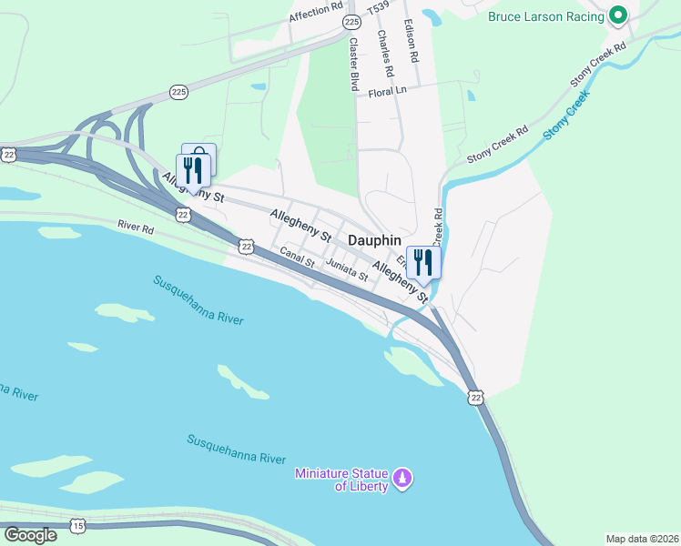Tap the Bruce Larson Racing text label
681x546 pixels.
click(x=546, y=15)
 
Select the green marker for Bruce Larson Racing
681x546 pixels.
click(x=618, y=15)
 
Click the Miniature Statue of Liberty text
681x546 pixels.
click(x=341, y=480)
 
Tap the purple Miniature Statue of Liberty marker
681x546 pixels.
click(x=402, y=477)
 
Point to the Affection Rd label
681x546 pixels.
click(x=316, y=15)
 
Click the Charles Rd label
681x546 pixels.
click(x=386, y=53)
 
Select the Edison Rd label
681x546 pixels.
click(x=412, y=42)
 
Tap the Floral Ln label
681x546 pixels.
click(x=387, y=92)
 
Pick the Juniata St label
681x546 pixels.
click(x=346, y=270)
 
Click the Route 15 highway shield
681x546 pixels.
click(x=78, y=526)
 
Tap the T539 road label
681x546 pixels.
click(x=378, y=9)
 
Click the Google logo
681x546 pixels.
click(x=30, y=534)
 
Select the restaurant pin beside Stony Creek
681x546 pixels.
click(x=423, y=263)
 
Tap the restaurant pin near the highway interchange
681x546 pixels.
click(x=193, y=169)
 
